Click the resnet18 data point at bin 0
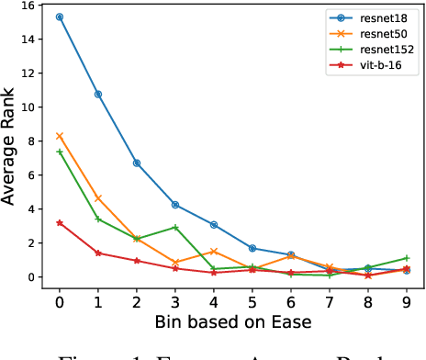click(x=60, y=17)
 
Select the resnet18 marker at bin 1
click(x=98, y=94)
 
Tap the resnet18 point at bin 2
click(x=137, y=163)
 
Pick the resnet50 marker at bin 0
click(x=60, y=136)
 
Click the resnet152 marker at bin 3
click(x=175, y=227)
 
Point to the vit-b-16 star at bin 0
click(x=60, y=222)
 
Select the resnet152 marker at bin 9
click(x=407, y=258)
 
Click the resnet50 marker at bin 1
click(x=98, y=198)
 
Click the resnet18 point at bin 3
click(x=175, y=205)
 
